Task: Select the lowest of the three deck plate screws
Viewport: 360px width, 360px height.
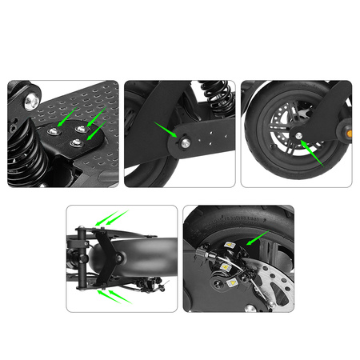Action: click(x=77, y=142)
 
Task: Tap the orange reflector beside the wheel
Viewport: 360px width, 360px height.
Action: click(x=347, y=127)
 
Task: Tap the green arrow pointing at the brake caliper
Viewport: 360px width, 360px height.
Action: click(x=257, y=237)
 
